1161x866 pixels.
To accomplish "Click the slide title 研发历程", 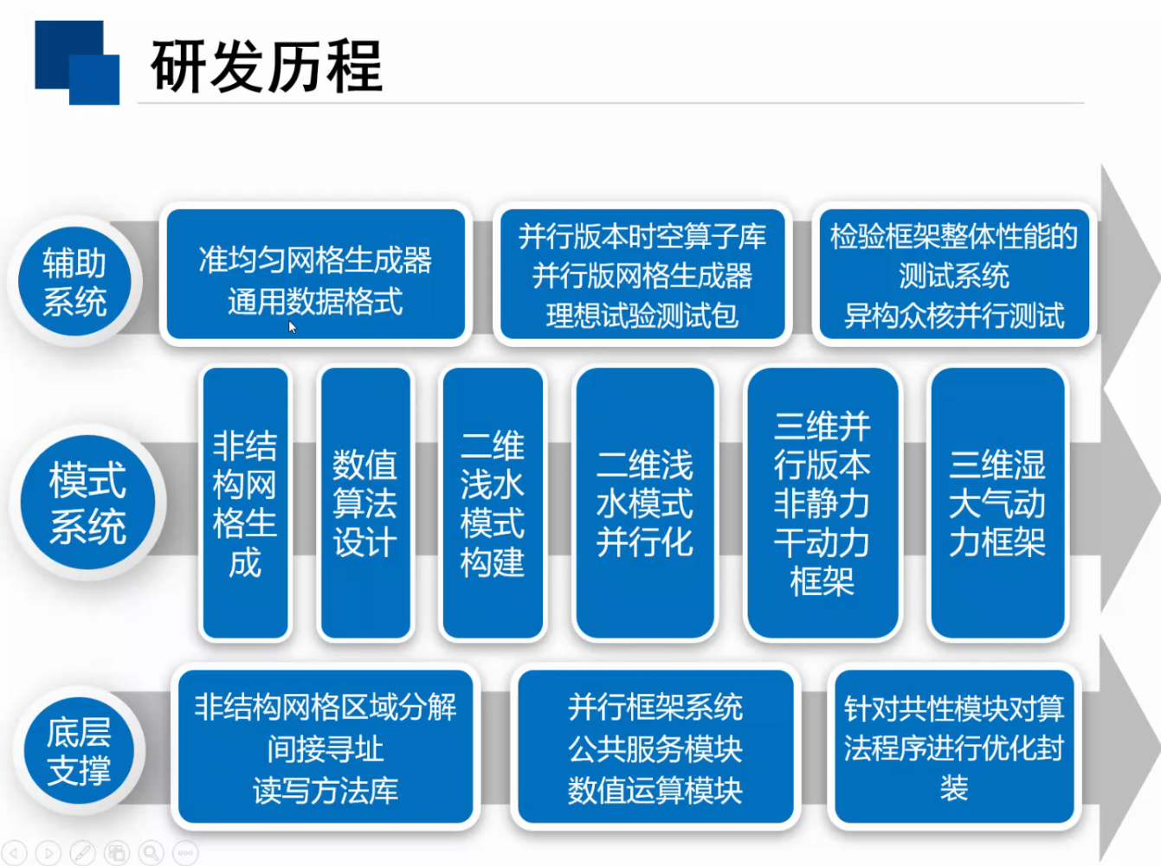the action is click(x=266, y=66).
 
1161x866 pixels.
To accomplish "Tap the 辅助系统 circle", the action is click(x=74, y=282).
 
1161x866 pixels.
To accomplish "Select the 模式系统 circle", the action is click(x=87, y=502).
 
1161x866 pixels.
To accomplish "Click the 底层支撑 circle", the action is click(x=79, y=750).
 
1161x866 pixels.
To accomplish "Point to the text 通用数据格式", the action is click(x=316, y=302).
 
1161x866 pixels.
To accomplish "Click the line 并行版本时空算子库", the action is click(x=642, y=236).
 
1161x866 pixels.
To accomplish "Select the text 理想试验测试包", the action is click(x=642, y=316).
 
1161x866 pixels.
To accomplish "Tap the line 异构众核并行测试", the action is click(x=954, y=316).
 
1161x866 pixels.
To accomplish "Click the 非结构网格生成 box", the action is click(x=245, y=503).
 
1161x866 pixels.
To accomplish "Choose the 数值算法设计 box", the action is click(x=365, y=503).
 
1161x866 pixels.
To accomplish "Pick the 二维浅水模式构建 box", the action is click(x=493, y=503).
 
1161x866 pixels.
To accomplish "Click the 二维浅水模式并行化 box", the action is click(x=645, y=503).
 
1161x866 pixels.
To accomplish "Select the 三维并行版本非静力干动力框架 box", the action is click(x=822, y=503).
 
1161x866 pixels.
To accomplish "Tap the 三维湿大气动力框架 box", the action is click(x=997, y=503).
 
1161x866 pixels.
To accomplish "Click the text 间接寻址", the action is click(x=326, y=748).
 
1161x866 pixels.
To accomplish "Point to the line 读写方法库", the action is click(x=326, y=790).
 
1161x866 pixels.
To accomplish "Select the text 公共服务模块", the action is click(x=655, y=748).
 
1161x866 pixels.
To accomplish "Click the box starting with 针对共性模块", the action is click(x=954, y=746).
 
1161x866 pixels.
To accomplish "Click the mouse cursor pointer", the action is click(x=292, y=327).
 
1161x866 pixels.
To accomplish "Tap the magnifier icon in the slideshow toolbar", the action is click(x=151, y=852).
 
